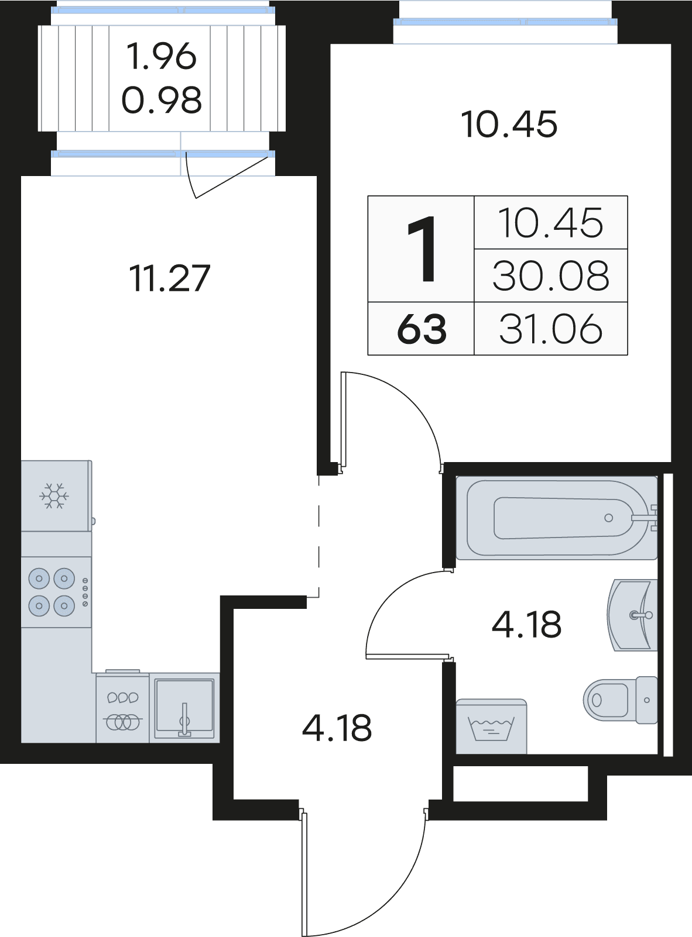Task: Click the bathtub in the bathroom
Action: [557, 518]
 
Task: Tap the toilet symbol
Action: [620, 700]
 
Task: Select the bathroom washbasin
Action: [632, 615]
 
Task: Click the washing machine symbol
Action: [492, 726]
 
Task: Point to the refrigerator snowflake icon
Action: [54, 495]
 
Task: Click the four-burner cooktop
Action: [56, 592]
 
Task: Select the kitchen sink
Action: [184, 708]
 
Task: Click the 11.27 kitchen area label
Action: [169, 278]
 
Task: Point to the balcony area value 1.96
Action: [162, 57]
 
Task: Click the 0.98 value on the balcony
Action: [162, 100]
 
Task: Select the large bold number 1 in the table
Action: [422, 249]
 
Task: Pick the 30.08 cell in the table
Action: [551, 276]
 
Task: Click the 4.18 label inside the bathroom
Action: [527, 624]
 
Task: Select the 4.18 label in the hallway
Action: [337, 728]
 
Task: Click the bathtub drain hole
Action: [609, 518]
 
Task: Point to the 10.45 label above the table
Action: [509, 124]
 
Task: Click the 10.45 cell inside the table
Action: [551, 223]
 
